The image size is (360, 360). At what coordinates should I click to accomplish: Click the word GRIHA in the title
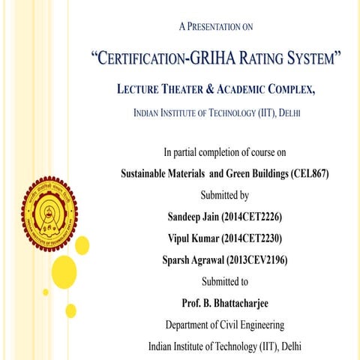click(x=210, y=58)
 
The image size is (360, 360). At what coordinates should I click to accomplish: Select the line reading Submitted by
click(x=224, y=195)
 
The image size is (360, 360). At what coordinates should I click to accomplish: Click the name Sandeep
click(x=187, y=217)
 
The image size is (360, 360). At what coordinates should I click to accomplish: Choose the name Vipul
click(x=182, y=239)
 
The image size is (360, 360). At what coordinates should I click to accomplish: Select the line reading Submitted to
click(x=224, y=282)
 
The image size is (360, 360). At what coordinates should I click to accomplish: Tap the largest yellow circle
click(x=64, y=271)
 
